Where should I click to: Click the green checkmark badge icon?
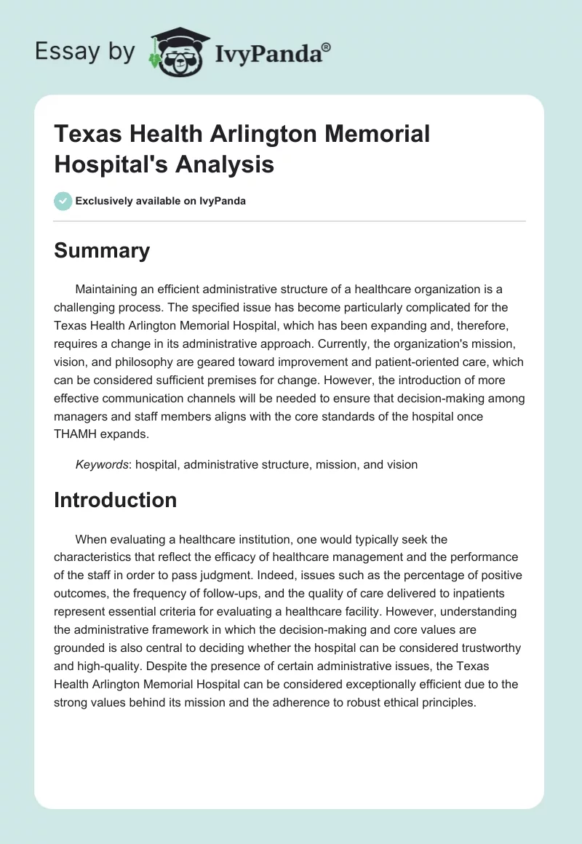click(63, 201)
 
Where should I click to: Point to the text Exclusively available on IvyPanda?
click(161, 201)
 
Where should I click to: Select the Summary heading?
click(102, 250)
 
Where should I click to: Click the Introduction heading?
click(116, 500)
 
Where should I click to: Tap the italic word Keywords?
click(100, 464)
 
